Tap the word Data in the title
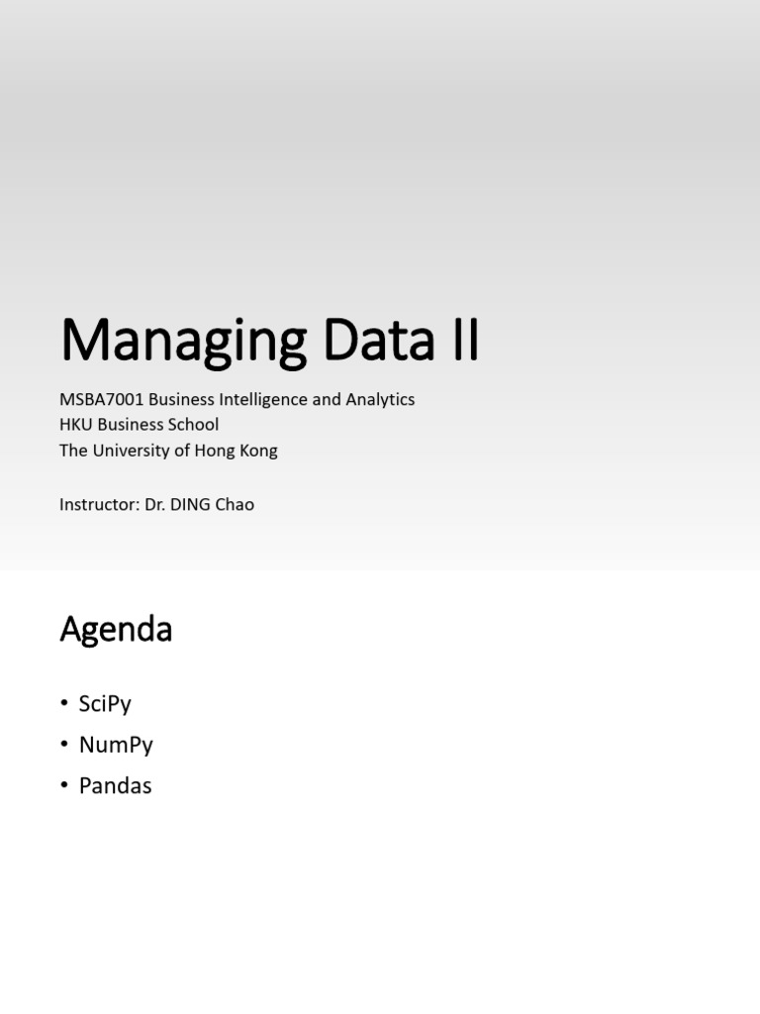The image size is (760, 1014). point(377,341)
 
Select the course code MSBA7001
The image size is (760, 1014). point(101,399)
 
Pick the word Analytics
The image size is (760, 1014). point(379,399)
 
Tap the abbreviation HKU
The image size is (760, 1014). point(76,425)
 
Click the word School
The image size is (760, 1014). point(193,425)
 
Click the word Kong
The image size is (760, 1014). point(259,451)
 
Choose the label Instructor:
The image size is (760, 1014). point(98,504)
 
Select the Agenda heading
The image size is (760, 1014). point(116,630)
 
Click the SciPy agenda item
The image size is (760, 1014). point(105,704)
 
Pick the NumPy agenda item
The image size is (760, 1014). point(116,745)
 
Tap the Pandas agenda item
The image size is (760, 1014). point(115,786)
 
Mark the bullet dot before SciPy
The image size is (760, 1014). point(64,704)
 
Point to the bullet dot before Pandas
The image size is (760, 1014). point(64,786)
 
